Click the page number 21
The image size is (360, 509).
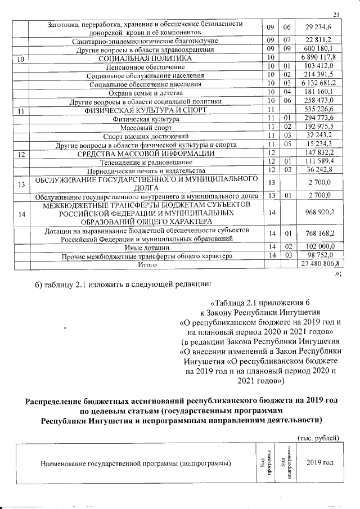[337, 15]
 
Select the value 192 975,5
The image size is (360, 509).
[318, 127]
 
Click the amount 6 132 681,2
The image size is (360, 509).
[318, 84]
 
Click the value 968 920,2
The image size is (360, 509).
[318, 213]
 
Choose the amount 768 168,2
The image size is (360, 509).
[318, 234]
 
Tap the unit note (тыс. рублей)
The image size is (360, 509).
[318, 437]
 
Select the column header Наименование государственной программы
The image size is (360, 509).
[136, 463]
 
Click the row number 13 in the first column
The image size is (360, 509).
[21, 183]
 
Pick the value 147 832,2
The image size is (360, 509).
[318, 152]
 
